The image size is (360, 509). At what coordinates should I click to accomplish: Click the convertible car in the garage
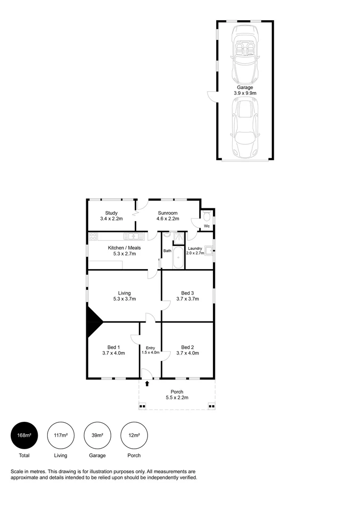tap(245, 53)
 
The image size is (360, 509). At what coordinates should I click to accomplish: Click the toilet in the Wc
tap(207, 216)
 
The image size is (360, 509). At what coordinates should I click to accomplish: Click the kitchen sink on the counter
tap(133, 236)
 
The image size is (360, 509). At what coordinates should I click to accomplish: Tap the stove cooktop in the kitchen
tap(93, 236)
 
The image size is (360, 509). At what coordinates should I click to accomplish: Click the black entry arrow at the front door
tap(147, 384)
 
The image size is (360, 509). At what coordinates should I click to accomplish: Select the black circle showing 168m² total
tap(24, 435)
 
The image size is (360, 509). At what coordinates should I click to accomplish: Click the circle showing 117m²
tap(60, 435)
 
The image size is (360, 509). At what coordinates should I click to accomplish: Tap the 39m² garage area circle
tap(97, 435)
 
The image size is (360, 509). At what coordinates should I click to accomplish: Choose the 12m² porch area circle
tap(134, 435)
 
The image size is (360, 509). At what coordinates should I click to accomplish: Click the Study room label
tap(111, 213)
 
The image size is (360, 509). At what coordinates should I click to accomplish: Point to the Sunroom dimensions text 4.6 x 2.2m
tap(167, 219)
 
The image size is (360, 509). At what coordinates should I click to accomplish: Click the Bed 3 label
tap(188, 293)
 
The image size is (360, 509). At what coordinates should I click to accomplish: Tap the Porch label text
tap(177, 392)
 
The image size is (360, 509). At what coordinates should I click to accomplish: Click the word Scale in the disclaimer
tap(17, 471)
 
